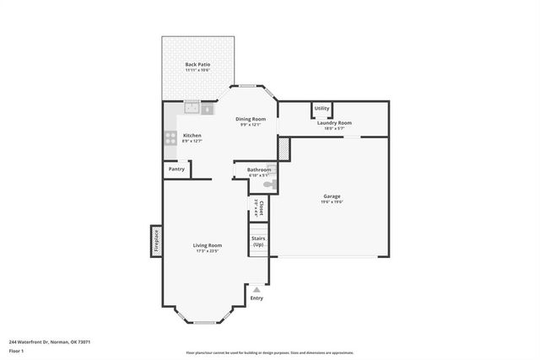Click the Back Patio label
[x=197, y=64]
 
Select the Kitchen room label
[x=192, y=136]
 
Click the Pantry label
[x=176, y=169]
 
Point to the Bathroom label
[x=258, y=169]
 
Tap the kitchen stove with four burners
[x=170, y=137]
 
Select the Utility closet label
[x=321, y=108]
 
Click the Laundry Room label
[x=334, y=123]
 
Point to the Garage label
[x=332, y=196]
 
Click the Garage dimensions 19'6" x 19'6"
[x=332, y=202]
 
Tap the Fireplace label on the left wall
[x=155, y=239]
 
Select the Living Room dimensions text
[x=208, y=250]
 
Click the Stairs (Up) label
[x=258, y=241]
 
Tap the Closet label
[x=262, y=206]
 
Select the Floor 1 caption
[x=17, y=350]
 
